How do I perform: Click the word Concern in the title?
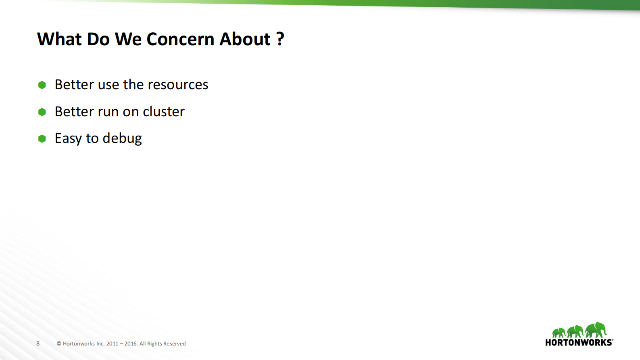click(180, 40)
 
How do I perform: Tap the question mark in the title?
click(280, 40)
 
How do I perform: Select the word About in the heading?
click(245, 40)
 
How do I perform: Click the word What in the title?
click(59, 40)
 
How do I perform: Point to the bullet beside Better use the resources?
click(42, 85)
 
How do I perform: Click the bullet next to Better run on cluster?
click(42, 112)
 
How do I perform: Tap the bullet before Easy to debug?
click(42, 138)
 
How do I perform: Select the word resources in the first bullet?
click(178, 85)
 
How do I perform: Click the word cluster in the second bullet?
click(163, 112)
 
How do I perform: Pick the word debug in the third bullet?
click(122, 138)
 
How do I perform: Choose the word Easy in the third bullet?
click(69, 138)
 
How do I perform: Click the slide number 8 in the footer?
click(38, 343)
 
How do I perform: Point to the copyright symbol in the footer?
click(59, 344)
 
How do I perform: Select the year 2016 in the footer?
click(130, 344)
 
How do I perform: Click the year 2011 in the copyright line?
click(112, 344)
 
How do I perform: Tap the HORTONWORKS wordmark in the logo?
click(579, 343)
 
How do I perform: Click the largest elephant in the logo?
click(596, 329)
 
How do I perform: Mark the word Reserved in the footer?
click(174, 344)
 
